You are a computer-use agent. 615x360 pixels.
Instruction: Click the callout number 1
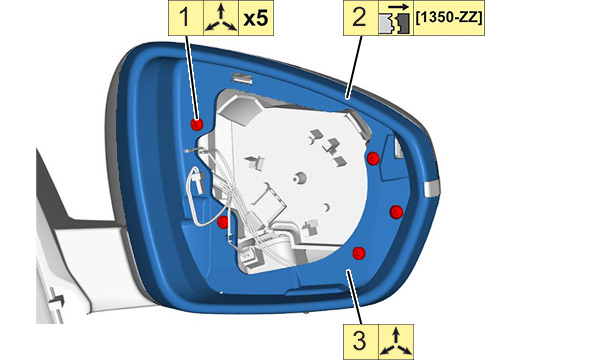click(x=186, y=18)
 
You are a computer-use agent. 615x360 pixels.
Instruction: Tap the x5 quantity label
click(x=256, y=18)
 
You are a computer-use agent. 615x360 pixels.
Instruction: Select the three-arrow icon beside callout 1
click(x=221, y=18)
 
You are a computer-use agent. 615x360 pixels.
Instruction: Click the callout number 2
click(x=360, y=18)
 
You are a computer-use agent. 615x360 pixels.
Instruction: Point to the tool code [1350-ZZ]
click(x=449, y=18)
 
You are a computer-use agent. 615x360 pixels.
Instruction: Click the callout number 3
click(x=360, y=340)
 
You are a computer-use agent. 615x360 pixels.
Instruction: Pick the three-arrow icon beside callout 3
click(x=396, y=342)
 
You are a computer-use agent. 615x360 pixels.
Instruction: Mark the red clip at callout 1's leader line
click(x=197, y=124)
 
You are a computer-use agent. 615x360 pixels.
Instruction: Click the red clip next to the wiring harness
click(x=223, y=222)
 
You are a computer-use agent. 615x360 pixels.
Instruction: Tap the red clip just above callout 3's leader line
click(x=358, y=253)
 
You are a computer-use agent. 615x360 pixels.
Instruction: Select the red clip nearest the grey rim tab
click(x=396, y=212)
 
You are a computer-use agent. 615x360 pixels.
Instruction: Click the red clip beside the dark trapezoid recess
click(x=373, y=158)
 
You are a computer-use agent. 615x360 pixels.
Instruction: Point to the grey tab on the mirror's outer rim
click(x=432, y=188)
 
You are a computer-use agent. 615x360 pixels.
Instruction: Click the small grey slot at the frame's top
click(x=242, y=78)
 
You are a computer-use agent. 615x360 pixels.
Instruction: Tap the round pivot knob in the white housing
click(x=300, y=178)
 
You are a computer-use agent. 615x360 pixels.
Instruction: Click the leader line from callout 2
click(x=354, y=67)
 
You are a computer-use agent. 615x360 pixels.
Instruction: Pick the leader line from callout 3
click(x=353, y=297)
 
